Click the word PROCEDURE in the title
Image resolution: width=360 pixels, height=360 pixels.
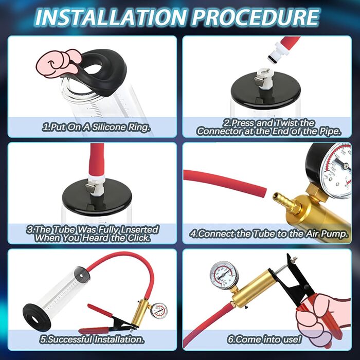(255, 17)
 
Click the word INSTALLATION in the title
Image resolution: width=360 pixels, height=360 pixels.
(111, 17)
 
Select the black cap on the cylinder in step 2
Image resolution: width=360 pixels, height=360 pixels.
(266, 90)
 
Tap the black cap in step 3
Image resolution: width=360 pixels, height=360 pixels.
(97, 197)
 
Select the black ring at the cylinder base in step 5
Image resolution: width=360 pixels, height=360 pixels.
(37, 317)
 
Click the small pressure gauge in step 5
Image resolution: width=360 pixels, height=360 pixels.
(159, 311)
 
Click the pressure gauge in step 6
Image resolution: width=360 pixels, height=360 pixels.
(224, 275)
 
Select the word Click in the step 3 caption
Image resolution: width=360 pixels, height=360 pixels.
(139, 238)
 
